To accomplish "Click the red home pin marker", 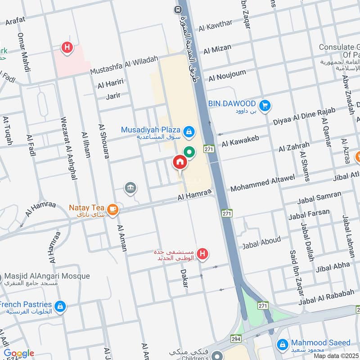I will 180,162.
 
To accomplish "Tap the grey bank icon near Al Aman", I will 131,188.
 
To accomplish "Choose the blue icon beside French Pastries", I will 60,307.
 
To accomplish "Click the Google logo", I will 19,354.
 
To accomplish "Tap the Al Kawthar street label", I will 216,26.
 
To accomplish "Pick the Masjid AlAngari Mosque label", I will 47,276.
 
